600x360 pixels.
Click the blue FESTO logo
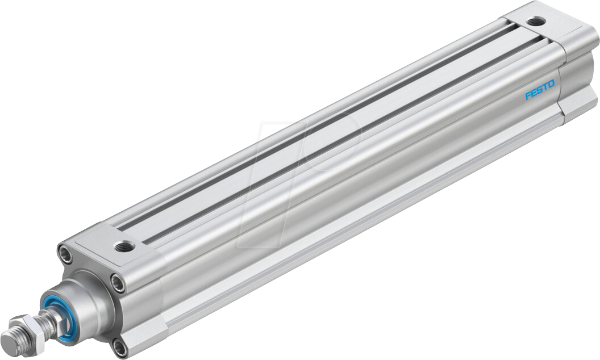tap(540, 91)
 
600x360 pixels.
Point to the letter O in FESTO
tap(551, 85)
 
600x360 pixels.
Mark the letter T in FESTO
tap(545, 88)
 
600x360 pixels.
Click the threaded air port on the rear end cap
tap(535, 22)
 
